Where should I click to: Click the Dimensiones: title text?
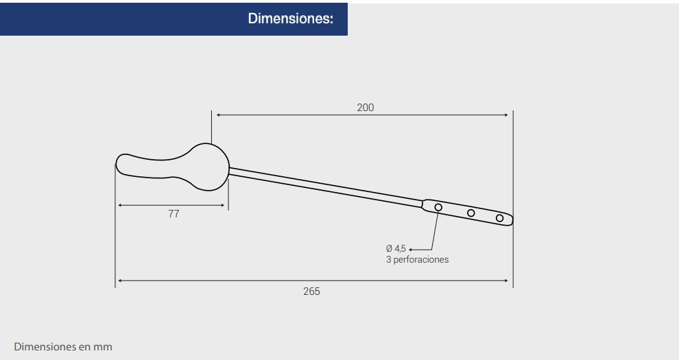coord(291,19)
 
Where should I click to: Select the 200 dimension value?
coord(365,107)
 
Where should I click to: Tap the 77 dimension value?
coord(174,214)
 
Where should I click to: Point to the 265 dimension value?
coord(311,291)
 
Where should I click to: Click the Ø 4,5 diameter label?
coord(396,248)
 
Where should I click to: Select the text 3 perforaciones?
coord(418,260)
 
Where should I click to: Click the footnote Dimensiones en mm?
coord(63,346)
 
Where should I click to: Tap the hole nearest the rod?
coord(438,207)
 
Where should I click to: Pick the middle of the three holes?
coord(471,213)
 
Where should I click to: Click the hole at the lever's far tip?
coord(500,218)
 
